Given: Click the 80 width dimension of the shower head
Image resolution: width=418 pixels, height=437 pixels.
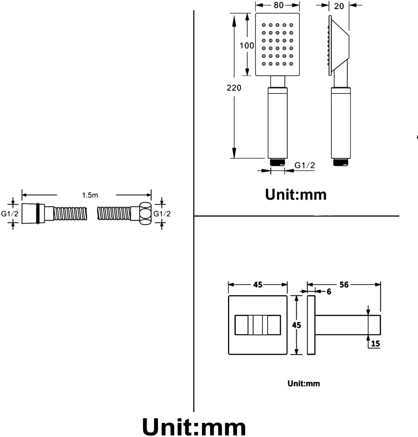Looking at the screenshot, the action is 278,5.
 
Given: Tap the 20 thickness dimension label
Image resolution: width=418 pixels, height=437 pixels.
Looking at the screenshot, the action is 339,6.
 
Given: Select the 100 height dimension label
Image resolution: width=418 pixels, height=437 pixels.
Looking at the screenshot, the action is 247,45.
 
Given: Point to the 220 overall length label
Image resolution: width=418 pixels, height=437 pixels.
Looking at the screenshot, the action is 234,88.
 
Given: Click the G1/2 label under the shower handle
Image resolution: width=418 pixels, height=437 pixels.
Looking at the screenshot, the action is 305,165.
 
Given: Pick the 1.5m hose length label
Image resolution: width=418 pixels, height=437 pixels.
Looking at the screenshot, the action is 90,195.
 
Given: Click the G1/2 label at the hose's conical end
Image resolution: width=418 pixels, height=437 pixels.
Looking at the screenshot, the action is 10,214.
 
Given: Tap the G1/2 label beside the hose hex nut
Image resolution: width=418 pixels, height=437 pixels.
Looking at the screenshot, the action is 162,214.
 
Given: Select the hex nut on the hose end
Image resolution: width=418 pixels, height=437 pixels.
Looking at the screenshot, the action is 145,213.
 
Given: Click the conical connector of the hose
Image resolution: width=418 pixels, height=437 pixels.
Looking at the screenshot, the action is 29,213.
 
